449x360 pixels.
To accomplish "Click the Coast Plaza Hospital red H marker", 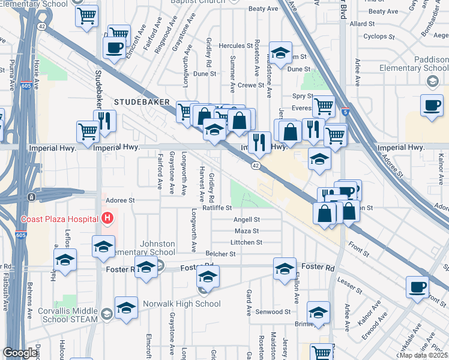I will (x=107, y=218).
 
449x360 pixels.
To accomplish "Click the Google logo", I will (x=20, y=353).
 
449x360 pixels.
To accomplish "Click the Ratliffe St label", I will (x=217, y=208).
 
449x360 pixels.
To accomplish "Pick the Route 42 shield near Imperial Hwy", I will (x=256, y=165).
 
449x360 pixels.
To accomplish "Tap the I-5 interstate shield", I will (x=345, y=111).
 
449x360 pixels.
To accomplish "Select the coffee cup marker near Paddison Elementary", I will (x=432, y=106).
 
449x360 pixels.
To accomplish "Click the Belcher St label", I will (x=220, y=254).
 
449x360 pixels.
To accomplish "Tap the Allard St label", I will (x=362, y=24).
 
